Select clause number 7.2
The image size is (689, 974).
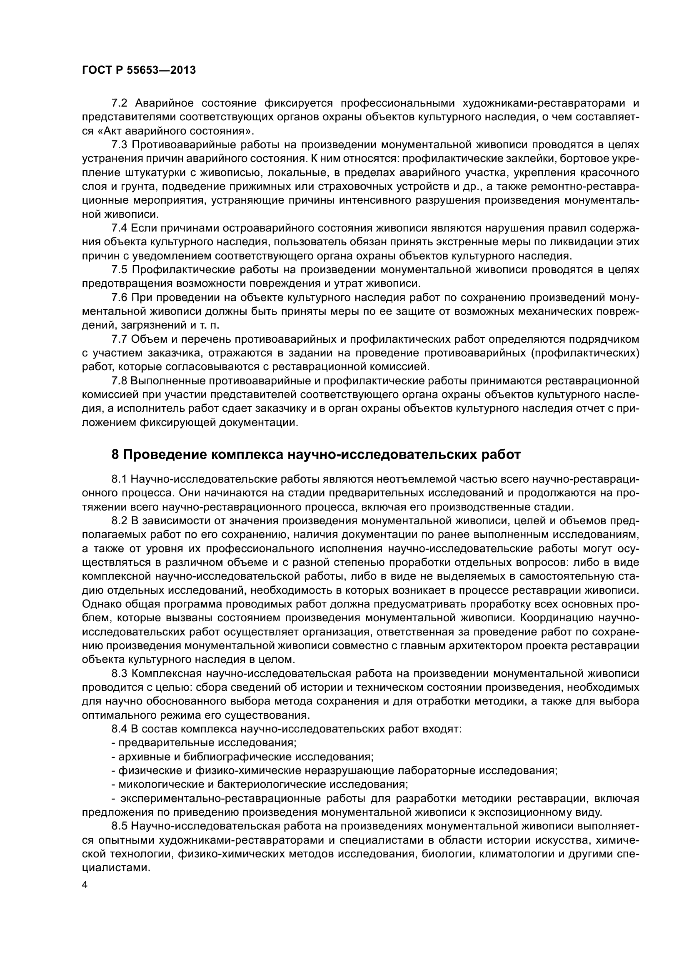click(x=119, y=104)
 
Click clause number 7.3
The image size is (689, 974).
click(x=119, y=145)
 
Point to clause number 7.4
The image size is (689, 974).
click(x=119, y=228)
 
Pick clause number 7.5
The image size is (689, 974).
click(x=119, y=270)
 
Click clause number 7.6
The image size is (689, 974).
click(x=119, y=298)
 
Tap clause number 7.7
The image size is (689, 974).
click(x=119, y=339)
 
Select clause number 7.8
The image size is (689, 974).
click(x=119, y=381)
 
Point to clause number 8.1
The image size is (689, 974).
click(x=119, y=479)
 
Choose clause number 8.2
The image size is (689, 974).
click(x=119, y=521)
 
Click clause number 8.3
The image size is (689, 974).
click(x=119, y=674)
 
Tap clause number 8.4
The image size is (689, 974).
click(x=119, y=729)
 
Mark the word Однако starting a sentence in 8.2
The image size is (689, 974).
click(x=100, y=605)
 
